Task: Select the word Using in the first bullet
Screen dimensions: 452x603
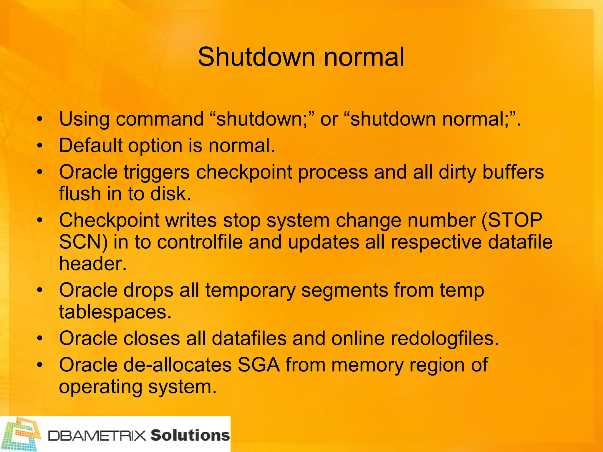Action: coord(84,119)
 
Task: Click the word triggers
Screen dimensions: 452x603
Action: coord(156,172)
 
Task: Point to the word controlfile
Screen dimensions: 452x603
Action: coord(200,242)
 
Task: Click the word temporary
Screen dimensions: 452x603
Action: coord(250,290)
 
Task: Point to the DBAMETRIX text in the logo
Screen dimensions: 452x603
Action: coord(97,436)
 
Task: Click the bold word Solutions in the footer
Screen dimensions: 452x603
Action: coord(190,435)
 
